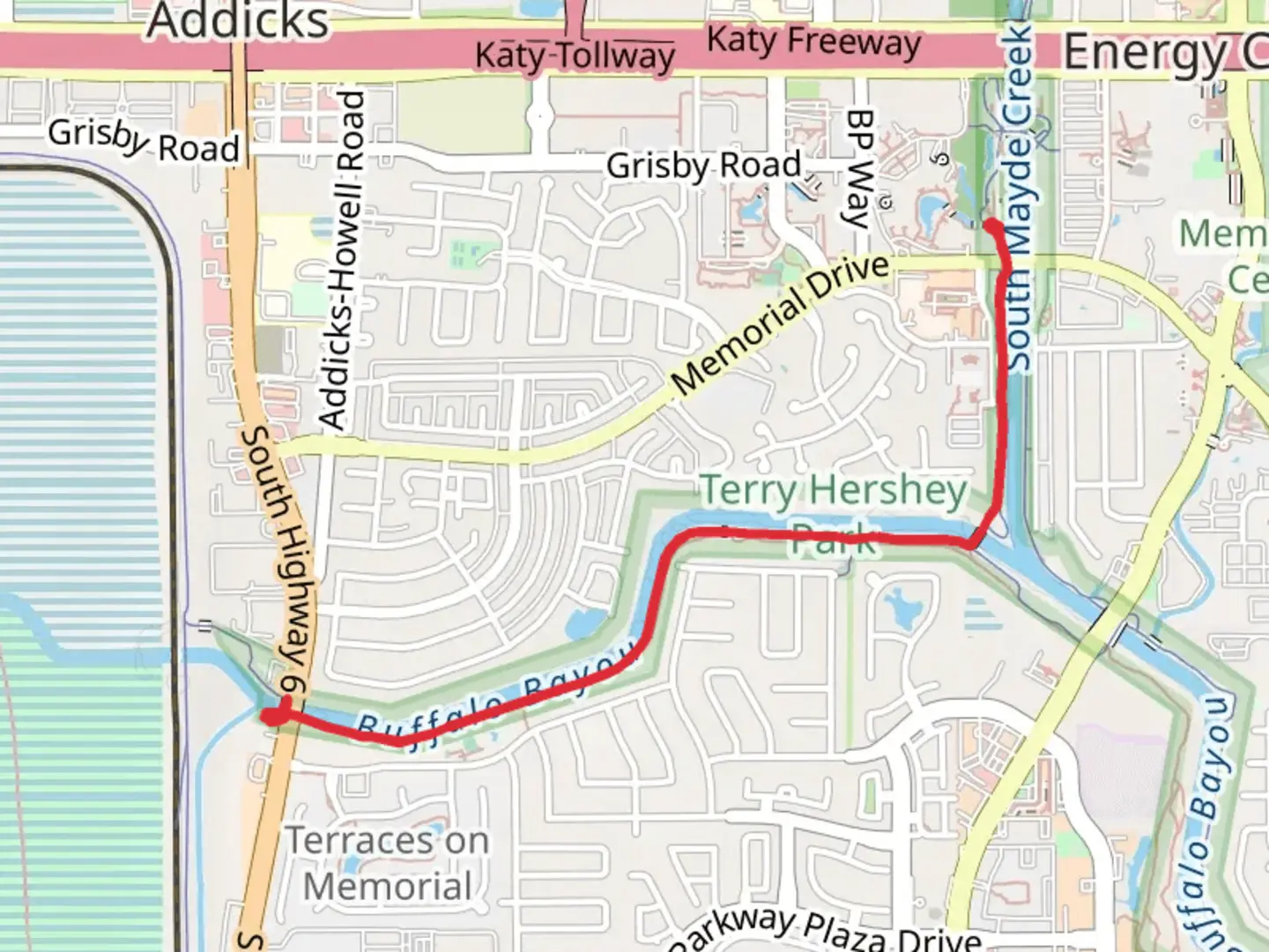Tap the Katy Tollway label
tap(575, 56)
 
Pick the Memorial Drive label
tap(781, 324)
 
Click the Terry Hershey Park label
tap(834, 511)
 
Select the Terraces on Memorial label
tap(388, 864)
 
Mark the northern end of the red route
tap(991, 226)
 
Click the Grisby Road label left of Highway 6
tap(144, 141)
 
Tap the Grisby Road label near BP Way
tap(703, 165)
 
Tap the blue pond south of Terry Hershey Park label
tap(899, 608)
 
